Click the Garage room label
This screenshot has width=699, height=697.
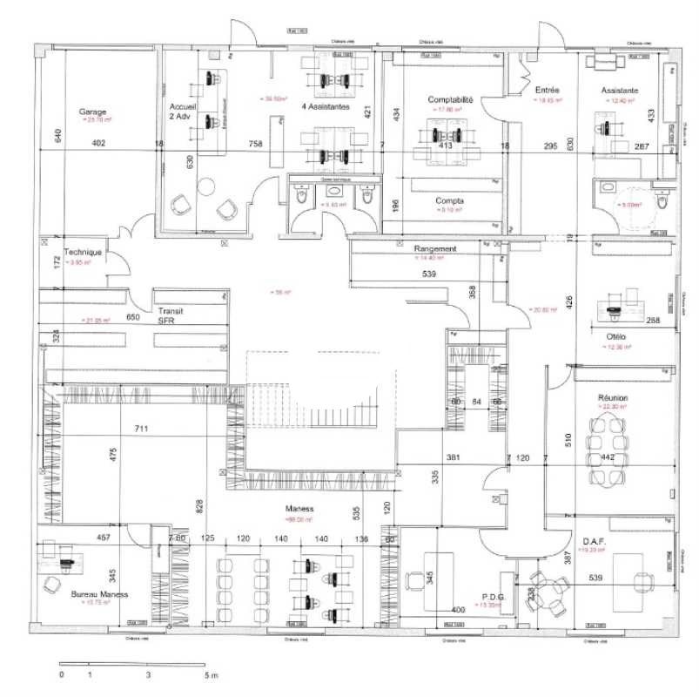pyautogui.click(x=92, y=112)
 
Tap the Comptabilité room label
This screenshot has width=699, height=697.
pyautogui.click(x=450, y=100)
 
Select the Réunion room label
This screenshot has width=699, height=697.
pyautogui.click(x=613, y=397)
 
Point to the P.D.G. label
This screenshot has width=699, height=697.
pyautogui.click(x=494, y=597)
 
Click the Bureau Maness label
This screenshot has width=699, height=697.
pyautogui.click(x=99, y=594)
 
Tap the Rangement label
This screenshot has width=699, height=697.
pyautogui.click(x=434, y=248)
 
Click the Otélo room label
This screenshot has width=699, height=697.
pyautogui.click(x=615, y=336)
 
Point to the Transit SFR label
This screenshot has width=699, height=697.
pyautogui.click(x=168, y=315)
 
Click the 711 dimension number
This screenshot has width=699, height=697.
pyautogui.click(x=141, y=429)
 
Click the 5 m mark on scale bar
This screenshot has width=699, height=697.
pyautogui.click(x=211, y=675)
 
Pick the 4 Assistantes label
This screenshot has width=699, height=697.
pyautogui.click(x=325, y=107)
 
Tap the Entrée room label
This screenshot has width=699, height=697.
pyautogui.click(x=547, y=90)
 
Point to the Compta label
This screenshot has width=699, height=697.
pyautogui.click(x=449, y=200)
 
